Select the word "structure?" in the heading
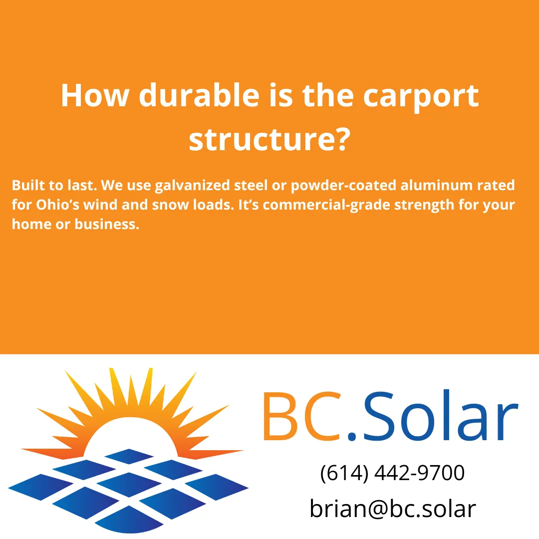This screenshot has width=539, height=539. click(x=268, y=140)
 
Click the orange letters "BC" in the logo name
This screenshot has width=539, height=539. click(x=299, y=418)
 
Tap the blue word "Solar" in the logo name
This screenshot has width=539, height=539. click(x=439, y=418)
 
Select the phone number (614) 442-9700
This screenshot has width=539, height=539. click(x=392, y=473)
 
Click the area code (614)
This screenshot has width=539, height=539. click(x=343, y=473)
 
